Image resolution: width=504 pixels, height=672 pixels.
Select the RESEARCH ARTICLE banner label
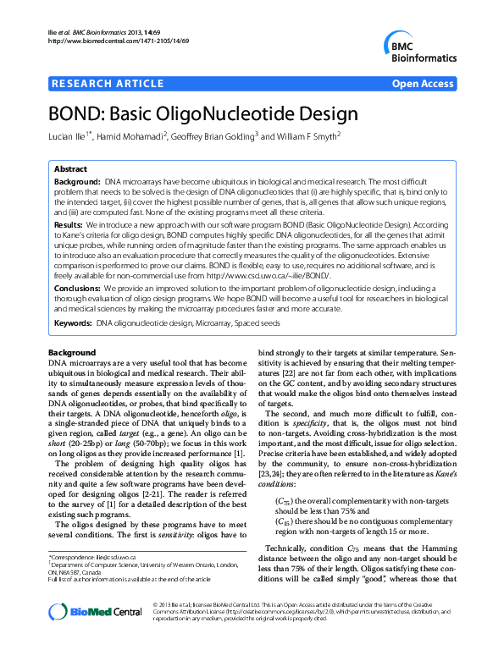click(x=108, y=83)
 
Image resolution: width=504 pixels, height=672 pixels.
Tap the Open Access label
click(x=424, y=83)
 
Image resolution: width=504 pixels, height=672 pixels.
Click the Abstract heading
click(x=70, y=168)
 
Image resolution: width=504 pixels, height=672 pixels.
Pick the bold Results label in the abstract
click(x=68, y=225)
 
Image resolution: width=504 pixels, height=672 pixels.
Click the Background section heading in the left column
click(x=72, y=352)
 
